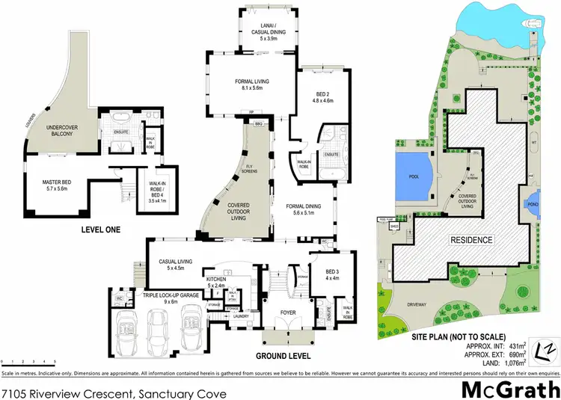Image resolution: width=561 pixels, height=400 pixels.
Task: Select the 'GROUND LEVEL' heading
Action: coord(283,355)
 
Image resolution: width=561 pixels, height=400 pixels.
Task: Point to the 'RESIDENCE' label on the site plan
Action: coord(471,240)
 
